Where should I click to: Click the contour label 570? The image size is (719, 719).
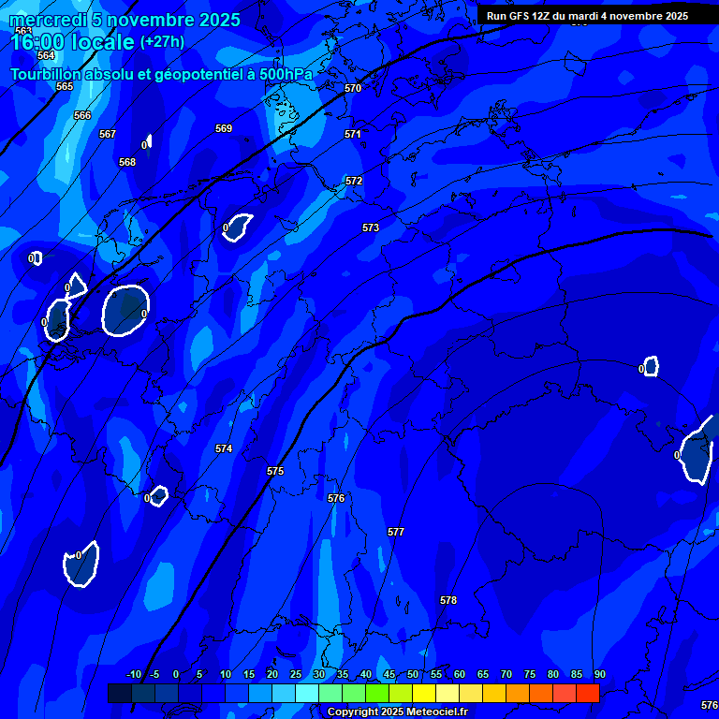coord(353,88)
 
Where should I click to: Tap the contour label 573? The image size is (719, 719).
coord(371,227)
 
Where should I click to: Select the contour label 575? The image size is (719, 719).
coord(275,471)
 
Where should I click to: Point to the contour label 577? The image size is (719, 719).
coord(396,532)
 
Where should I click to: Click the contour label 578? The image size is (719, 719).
coord(448,600)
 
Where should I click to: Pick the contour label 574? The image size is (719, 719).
coord(224,448)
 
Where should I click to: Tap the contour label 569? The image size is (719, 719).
coord(224,128)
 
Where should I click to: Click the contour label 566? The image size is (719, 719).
coord(82,115)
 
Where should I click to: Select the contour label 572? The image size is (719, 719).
coord(354,181)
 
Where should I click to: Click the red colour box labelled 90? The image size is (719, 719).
coord(588,693)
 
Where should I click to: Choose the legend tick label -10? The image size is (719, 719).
coord(133,675)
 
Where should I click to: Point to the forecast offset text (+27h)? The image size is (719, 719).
coord(162,41)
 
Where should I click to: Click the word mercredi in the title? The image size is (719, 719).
coord(48,20)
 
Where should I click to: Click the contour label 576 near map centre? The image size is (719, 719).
coord(336,498)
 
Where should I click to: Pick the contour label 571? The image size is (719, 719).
coord(353,134)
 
